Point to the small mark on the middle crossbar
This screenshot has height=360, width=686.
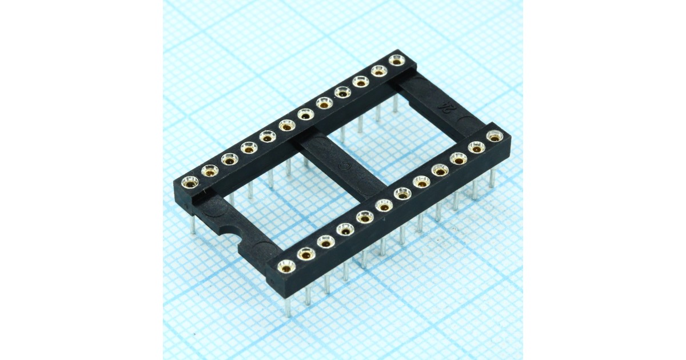pos(345,168)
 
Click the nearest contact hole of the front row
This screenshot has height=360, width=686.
pos(286,266)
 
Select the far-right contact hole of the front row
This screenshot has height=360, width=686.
pos(494,137)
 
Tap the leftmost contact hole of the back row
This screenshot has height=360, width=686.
pos(190,182)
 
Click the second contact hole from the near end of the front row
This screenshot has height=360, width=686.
pos(306,254)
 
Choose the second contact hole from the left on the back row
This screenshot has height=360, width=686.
pos(210,170)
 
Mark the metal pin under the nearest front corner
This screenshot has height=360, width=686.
pos(287,306)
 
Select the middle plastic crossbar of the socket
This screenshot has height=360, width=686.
pos(337,166)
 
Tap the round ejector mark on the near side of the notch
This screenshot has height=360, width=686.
pos(264,249)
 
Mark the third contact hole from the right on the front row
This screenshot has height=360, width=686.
pos(457,158)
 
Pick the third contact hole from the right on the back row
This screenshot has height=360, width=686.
pos(360,82)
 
